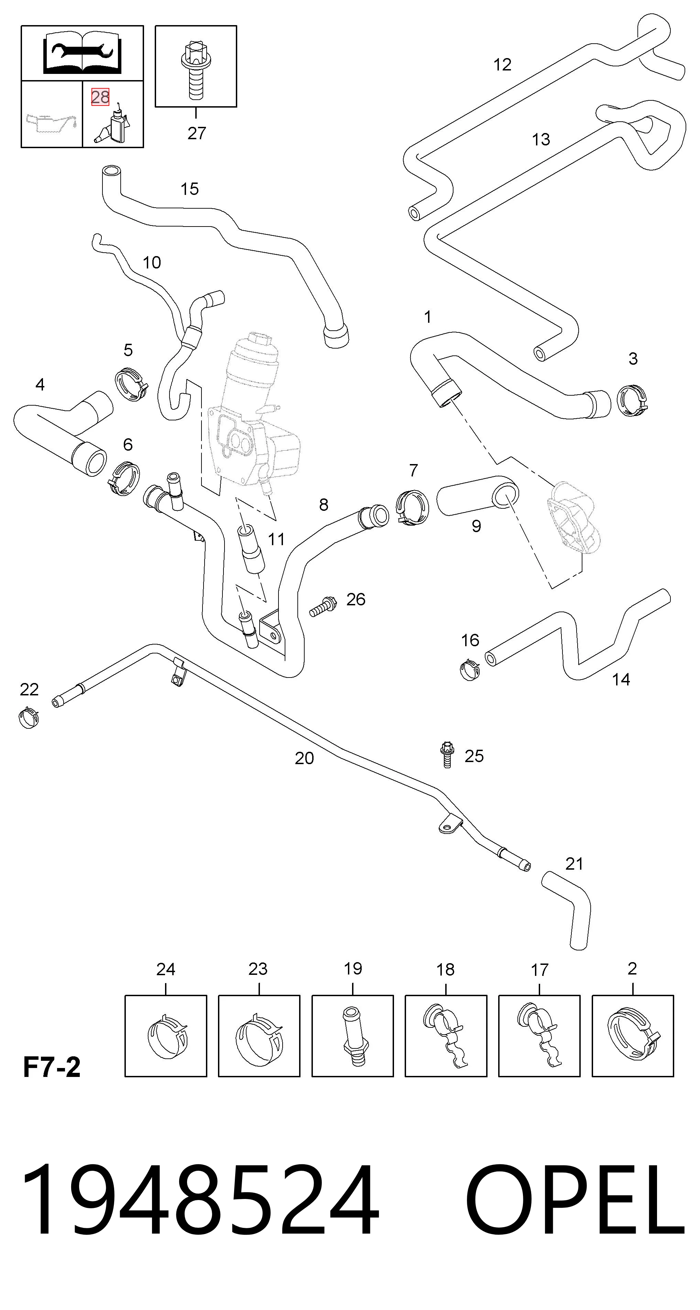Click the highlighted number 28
click(x=100, y=97)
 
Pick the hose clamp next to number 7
click(x=413, y=508)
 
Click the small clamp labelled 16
click(x=470, y=669)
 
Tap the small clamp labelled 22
click(x=29, y=717)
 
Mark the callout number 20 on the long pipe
click(x=304, y=758)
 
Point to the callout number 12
click(x=502, y=65)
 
